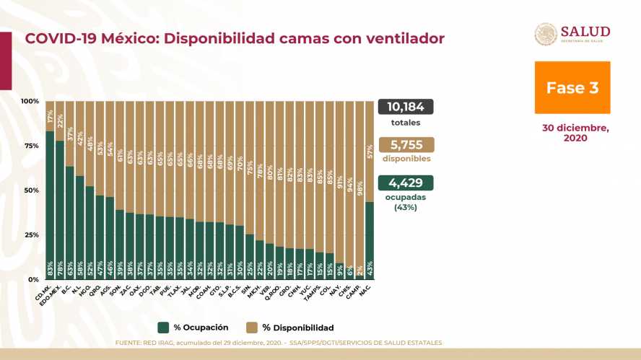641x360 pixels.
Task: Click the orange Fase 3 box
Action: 572,87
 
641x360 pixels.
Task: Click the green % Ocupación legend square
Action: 165,327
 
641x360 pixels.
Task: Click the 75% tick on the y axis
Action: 32,145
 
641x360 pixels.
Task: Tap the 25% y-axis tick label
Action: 32,235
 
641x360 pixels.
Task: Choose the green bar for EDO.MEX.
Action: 60,209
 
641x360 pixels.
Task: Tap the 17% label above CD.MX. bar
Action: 50,115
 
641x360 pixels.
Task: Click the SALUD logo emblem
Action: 546,35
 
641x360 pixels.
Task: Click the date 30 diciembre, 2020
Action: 575,133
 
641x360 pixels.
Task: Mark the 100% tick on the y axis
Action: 30,101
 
